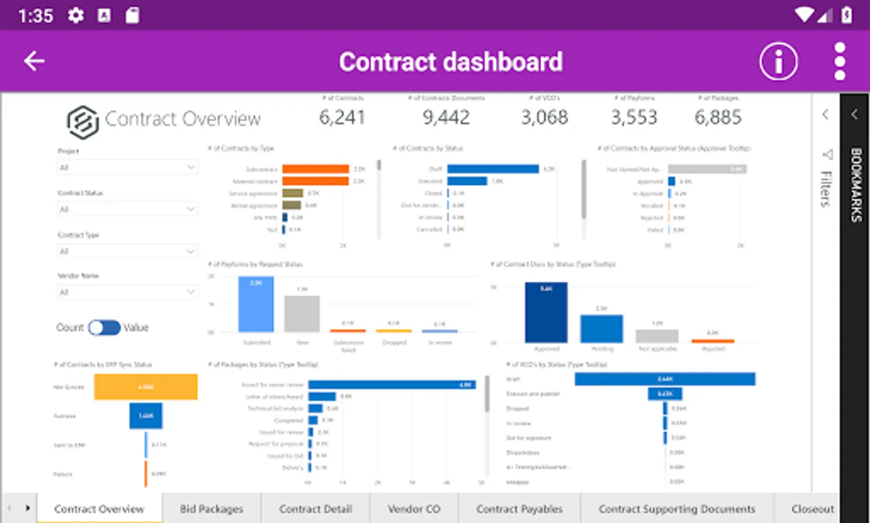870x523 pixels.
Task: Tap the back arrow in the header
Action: point(34,61)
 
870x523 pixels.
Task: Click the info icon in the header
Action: point(778,61)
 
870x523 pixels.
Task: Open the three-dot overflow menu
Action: point(839,61)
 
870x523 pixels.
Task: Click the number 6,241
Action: point(342,117)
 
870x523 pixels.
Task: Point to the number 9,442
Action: point(446,117)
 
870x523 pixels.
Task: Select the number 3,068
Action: point(544,117)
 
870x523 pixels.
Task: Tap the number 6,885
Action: point(718,117)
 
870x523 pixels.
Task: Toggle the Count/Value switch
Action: point(105,328)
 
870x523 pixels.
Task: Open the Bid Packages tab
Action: point(212,509)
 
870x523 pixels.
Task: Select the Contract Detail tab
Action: point(315,509)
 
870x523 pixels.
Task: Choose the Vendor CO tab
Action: point(414,509)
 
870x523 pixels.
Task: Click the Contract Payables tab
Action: point(519,509)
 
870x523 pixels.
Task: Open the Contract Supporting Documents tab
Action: point(677,509)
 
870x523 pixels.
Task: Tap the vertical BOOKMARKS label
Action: point(855,185)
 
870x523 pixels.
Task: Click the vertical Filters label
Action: point(825,188)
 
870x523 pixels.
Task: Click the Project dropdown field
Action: point(127,167)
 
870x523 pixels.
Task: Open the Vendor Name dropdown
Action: point(127,292)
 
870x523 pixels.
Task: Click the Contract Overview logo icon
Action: point(83,121)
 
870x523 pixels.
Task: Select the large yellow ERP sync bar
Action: point(145,386)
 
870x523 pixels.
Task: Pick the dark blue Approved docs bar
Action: point(546,313)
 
